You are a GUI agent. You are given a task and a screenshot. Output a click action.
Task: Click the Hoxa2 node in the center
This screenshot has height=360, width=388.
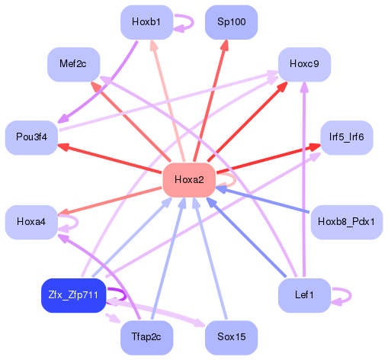point(189,180)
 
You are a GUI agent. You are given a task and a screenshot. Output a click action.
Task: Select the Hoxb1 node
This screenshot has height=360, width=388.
point(146,22)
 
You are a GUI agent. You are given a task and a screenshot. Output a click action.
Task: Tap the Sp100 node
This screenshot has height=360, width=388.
point(231,22)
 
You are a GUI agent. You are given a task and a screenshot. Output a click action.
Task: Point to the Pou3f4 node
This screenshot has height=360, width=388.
point(31,138)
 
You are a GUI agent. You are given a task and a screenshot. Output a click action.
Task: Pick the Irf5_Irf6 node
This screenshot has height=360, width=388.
point(346,138)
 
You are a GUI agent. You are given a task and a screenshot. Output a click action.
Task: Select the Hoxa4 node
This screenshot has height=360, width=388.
point(31,222)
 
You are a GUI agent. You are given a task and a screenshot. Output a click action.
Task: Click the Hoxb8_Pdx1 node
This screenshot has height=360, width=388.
point(346,222)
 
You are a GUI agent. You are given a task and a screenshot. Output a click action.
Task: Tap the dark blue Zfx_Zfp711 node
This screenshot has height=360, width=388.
point(73,295)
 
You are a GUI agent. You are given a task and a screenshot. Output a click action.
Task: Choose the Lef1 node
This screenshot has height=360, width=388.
point(304,295)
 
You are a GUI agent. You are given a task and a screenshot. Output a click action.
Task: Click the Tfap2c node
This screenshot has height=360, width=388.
point(146,336)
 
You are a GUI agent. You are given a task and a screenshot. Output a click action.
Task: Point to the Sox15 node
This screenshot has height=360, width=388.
point(231,336)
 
